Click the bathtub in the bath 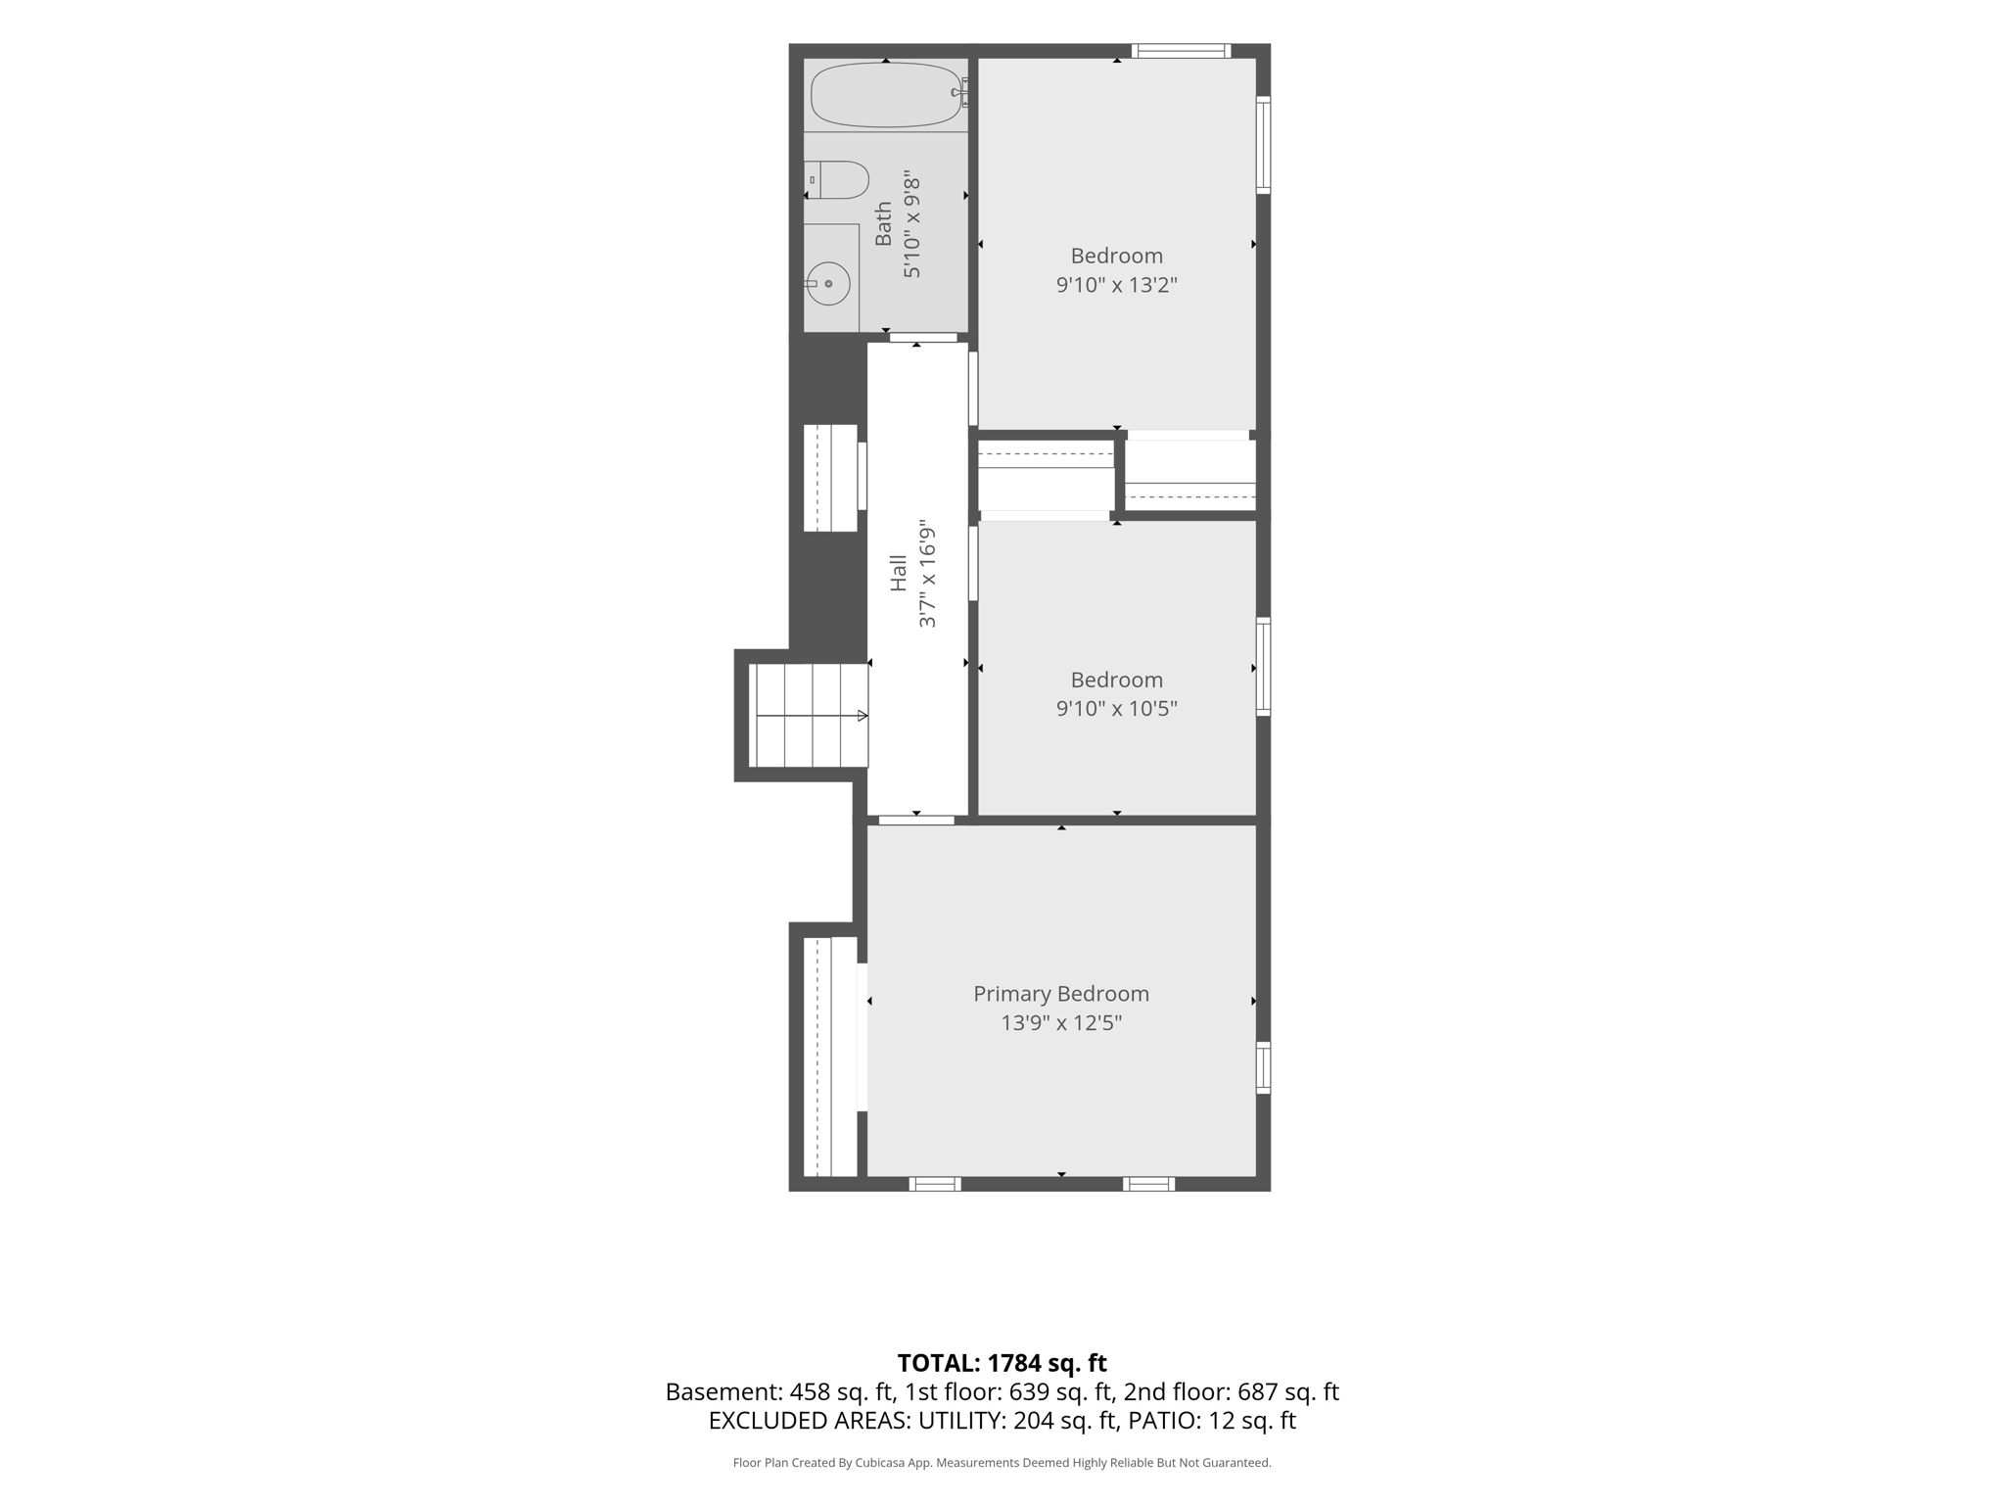(886, 95)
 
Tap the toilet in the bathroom (837, 180)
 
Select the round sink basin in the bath (828, 284)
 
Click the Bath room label (883, 224)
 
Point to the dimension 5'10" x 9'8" (912, 225)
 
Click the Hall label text (898, 573)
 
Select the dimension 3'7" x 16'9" (927, 578)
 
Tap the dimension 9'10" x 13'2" (1116, 285)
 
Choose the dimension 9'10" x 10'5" (1116, 708)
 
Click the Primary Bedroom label (1061, 994)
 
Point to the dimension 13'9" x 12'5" (1061, 1023)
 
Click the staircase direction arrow (813, 716)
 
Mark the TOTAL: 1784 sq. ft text (1002, 1363)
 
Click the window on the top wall (1182, 51)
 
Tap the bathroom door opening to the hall (923, 338)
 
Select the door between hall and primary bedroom (916, 820)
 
